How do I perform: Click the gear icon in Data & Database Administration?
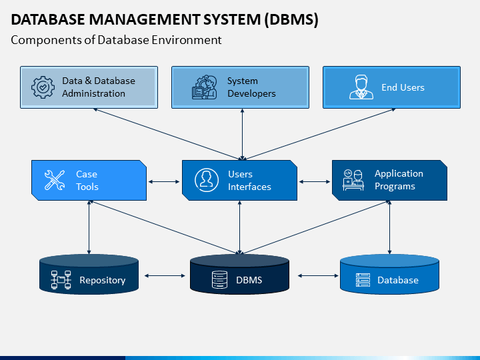pos(43,87)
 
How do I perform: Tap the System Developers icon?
pos(205,87)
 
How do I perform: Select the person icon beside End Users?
pos(361,87)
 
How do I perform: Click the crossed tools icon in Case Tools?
pos(55,180)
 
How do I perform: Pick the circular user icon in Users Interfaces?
pos(207,180)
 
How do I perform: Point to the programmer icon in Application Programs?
pos(353,180)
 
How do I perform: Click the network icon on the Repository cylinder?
pos(61,280)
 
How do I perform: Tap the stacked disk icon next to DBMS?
pos(219,279)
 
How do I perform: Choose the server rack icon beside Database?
pos(363,280)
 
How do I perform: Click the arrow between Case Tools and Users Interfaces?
pos(164,182)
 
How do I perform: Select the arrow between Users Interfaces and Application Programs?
pos(315,182)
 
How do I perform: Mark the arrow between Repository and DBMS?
pos(165,276)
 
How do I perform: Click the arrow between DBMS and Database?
pos(318,276)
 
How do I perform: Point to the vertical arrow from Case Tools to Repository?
pos(89,227)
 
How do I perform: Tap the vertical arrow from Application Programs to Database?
pos(390,227)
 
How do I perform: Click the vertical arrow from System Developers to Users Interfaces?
pos(242,135)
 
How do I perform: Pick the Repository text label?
pos(103,281)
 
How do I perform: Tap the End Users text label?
pos(403,87)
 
